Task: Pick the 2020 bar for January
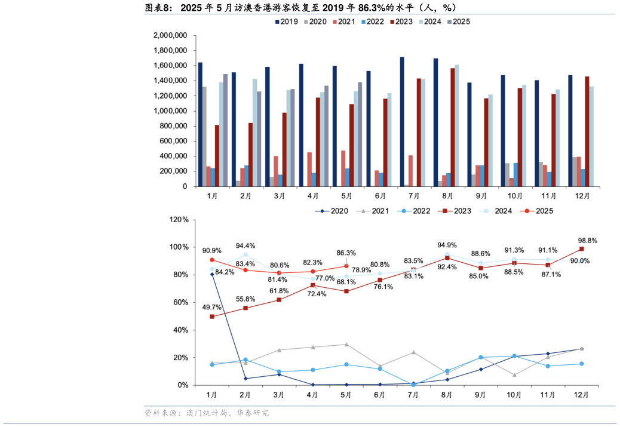tap(204, 137)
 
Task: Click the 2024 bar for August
tap(457, 125)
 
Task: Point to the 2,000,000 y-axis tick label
tap(170, 35)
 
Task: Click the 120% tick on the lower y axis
tap(179, 220)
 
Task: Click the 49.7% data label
tap(212, 307)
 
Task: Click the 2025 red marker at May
tap(346, 266)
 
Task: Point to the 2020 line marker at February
tap(245, 378)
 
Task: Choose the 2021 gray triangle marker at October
tap(514, 375)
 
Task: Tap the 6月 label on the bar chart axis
tap(380, 196)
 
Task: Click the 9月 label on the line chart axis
tap(481, 395)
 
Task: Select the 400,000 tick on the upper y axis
tap(170, 156)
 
